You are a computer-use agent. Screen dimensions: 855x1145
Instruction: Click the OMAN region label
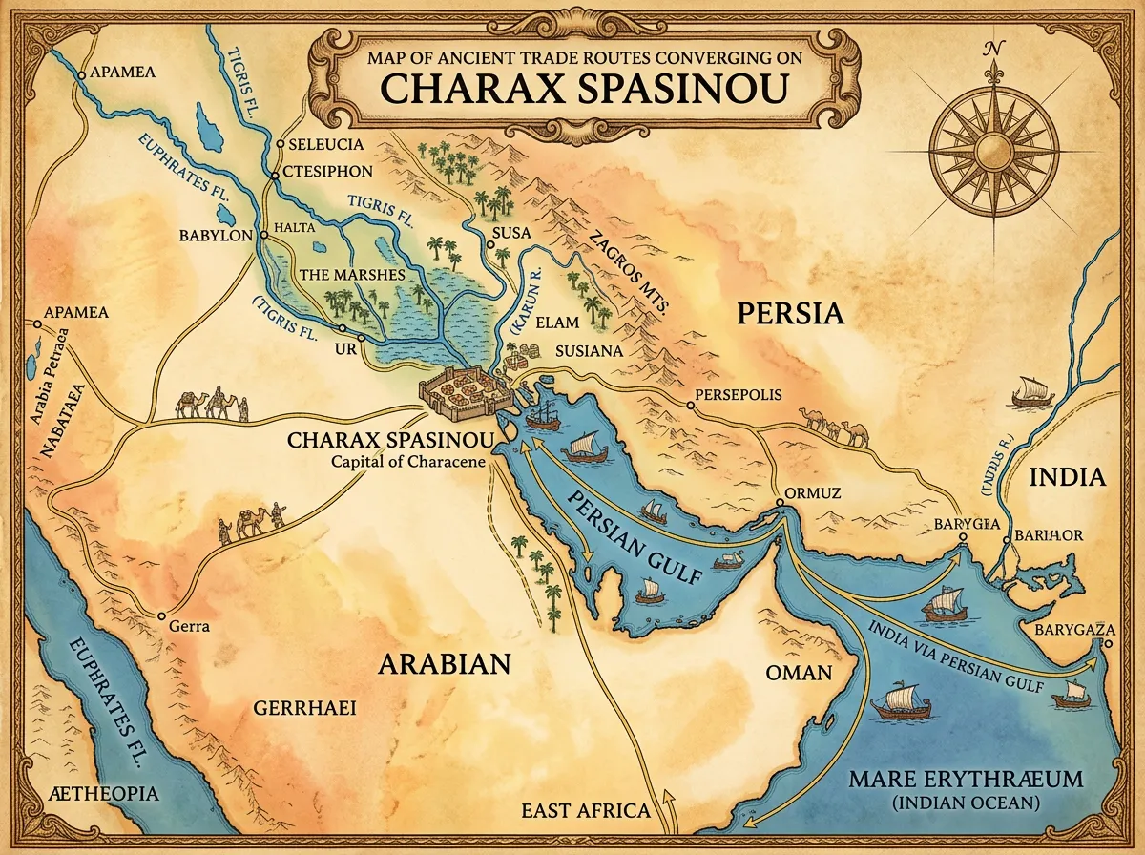click(x=800, y=672)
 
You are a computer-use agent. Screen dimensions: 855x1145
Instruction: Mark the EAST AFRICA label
click(x=585, y=810)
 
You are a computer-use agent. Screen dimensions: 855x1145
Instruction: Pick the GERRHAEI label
click(x=304, y=707)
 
